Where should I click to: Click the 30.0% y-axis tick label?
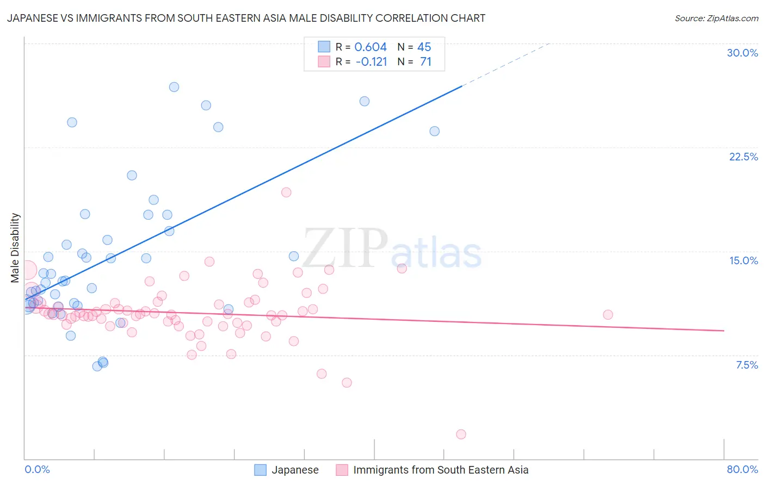(x=742, y=53)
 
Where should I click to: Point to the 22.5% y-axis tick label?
(x=743, y=157)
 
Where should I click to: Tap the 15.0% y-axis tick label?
(x=743, y=260)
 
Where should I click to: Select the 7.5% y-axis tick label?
(x=747, y=365)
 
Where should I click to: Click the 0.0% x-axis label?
(x=37, y=469)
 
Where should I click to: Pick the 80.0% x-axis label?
(x=742, y=469)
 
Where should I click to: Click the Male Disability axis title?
(x=15, y=247)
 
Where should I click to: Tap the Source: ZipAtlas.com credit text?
(x=716, y=18)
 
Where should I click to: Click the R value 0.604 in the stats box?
(x=371, y=47)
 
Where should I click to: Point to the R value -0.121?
(x=371, y=61)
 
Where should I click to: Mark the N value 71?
(x=425, y=61)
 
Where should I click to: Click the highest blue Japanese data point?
(x=174, y=87)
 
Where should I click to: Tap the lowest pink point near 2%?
(x=461, y=434)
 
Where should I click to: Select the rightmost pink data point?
(x=608, y=315)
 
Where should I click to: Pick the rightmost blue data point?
(x=434, y=131)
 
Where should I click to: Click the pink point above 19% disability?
(x=286, y=192)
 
